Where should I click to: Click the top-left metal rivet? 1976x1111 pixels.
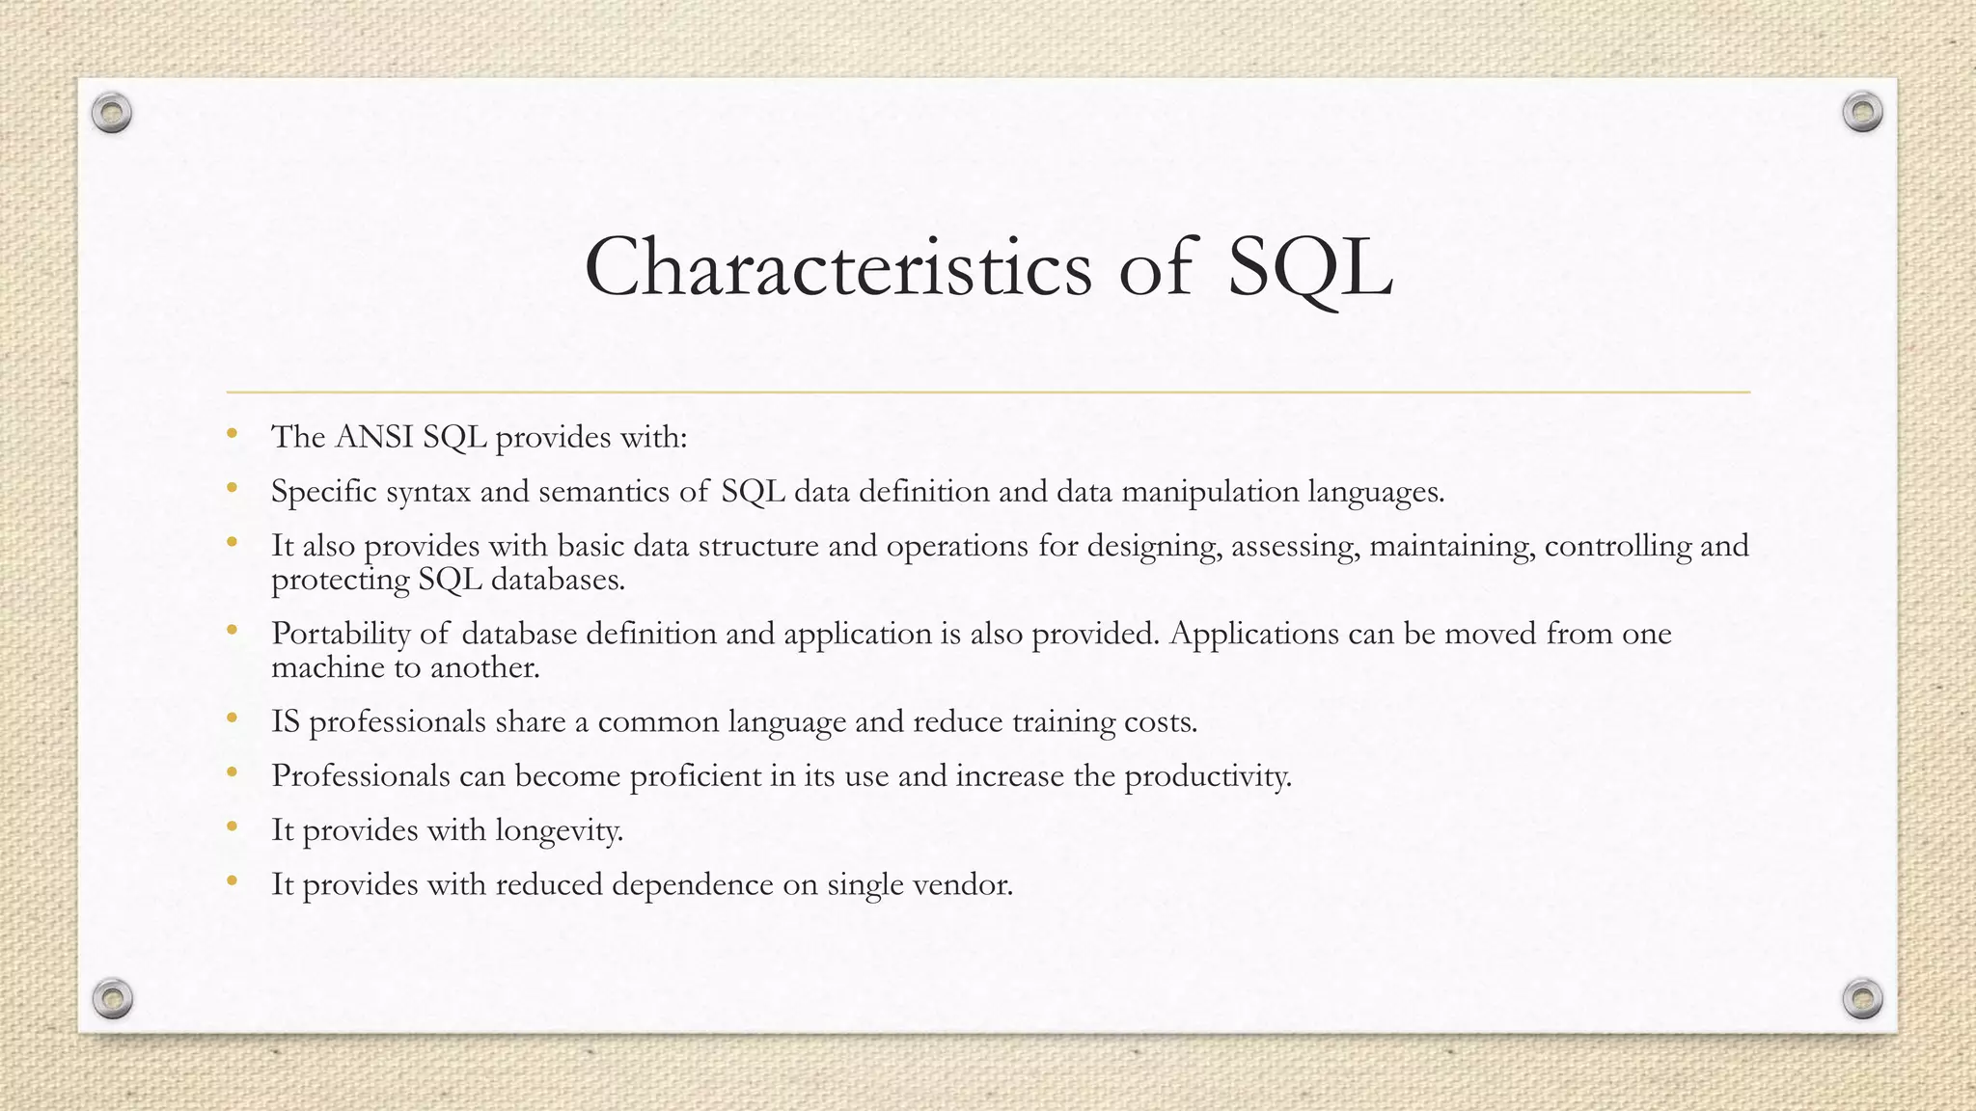[112, 114]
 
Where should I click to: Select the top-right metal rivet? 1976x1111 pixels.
[1862, 113]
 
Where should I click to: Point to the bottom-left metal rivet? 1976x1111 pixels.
[112, 998]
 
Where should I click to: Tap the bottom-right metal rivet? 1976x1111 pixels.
[1862, 998]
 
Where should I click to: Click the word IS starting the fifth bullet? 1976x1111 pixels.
[286, 721]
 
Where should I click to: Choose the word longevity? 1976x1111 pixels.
[559, 830]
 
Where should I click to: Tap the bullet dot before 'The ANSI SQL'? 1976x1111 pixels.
[232, 435]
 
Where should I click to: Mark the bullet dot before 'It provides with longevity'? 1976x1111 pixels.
[232, 827]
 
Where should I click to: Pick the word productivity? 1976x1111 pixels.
[1207, 776]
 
